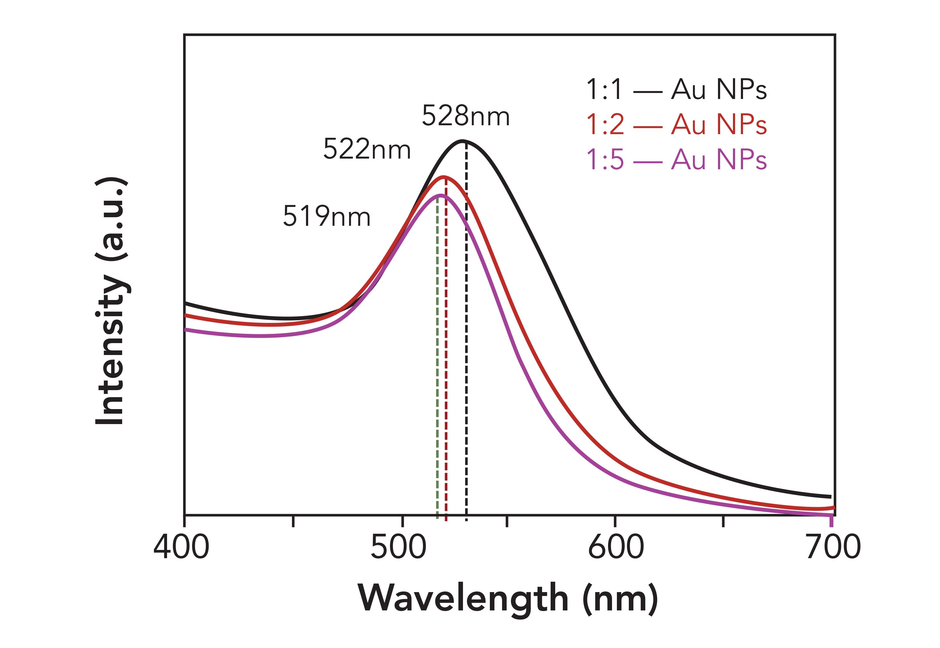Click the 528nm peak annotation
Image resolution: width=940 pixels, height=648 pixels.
point(465,116)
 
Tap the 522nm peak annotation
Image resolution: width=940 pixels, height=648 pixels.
point(367,149)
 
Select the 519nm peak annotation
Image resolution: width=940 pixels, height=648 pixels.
point(326,216)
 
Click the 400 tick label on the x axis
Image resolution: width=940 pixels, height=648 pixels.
point(181,547)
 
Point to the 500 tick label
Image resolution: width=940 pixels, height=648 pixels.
point(399,547)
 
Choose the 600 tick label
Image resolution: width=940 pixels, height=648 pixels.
point(616,547)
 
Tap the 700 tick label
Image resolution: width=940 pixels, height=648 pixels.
point(833,547)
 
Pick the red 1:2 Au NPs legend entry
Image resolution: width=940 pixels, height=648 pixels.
point(676,124)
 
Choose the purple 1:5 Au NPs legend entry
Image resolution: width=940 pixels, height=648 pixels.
point(676,159)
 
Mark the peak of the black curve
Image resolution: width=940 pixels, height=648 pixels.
point(463,141)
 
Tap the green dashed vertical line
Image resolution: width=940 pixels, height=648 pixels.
point(437,365)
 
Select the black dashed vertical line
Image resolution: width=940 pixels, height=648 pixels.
point(466,365)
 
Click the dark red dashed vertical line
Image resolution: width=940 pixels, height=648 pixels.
point(446,365)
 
